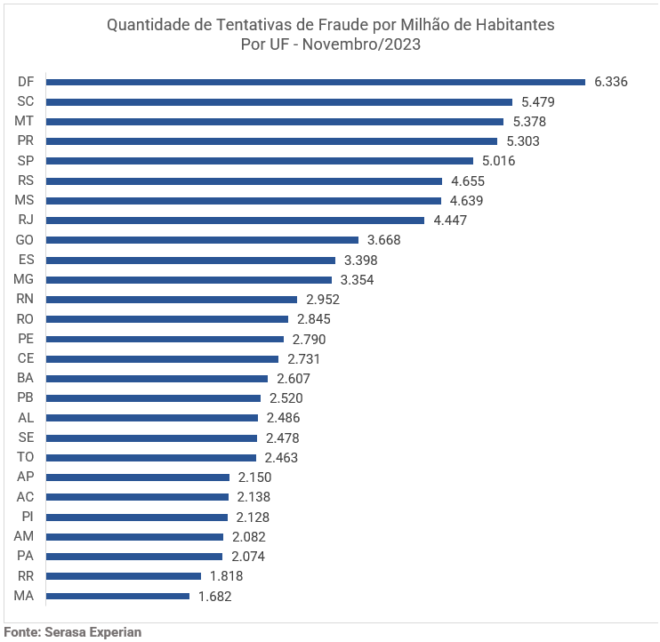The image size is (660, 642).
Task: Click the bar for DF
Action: tap(316, 82)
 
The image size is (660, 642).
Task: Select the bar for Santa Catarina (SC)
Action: tap(279, 101)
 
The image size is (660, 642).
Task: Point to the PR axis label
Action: tap(25, 140)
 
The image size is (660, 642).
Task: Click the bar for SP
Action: tap(260, 161)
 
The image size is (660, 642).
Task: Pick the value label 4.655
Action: tap(468, 181)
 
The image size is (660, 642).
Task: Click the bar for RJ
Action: tap(235, 220)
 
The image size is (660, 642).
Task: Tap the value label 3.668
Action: tap(384, 240)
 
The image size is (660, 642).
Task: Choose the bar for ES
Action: tap(190, 260)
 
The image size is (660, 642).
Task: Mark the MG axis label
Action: tap(24, 279)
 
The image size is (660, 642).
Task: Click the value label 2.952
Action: tap(323, 300)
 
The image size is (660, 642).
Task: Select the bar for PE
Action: tap(165, 339)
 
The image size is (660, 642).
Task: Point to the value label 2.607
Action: tap(294, 379)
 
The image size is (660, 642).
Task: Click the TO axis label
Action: tap(25, 457)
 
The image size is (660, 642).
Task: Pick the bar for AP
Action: tap(138, 477)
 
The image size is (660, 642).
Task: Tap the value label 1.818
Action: tap(226, 576)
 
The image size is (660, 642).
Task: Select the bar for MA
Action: tap(117, 596)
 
